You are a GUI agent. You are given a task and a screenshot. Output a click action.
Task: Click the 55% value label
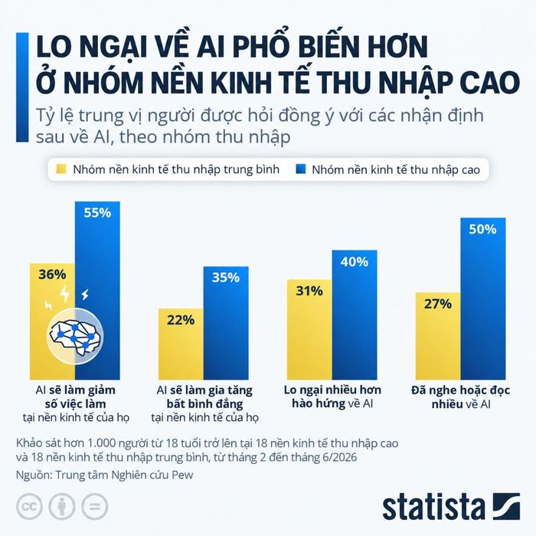[x=97, y=213]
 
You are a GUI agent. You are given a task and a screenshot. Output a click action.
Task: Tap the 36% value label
[x=52, y=274]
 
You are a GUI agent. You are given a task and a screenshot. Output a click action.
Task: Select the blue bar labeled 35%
[x=226, y=323]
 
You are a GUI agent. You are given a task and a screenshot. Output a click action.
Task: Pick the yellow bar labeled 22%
[x=181, y=344]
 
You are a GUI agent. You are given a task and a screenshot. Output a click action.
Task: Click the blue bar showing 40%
[x=355, y=315]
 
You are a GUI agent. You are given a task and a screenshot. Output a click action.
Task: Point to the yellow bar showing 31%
[x=309, y=329]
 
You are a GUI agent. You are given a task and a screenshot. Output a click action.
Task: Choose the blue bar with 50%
[x=483, y=299]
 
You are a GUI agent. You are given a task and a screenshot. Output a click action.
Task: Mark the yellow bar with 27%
[x=438, y=336]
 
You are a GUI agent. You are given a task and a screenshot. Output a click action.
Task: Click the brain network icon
[x=75, y=336]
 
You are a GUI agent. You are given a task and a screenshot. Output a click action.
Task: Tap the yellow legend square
[x=61, y=169]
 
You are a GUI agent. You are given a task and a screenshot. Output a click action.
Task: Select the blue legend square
[x=300, y=169]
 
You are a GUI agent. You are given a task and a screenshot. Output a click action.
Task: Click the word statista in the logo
[x=434, y=507]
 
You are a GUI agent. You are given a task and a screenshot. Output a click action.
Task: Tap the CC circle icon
[x=29, y=506]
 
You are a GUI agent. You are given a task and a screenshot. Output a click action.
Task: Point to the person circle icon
[x=62, y=506]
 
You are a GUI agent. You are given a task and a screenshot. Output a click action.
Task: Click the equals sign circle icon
[x=95, y=506]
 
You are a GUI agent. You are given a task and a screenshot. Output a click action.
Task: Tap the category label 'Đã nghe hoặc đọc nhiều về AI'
[x=461, y=397]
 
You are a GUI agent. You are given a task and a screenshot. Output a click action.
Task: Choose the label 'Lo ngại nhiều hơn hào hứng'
[x=332, y=397]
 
